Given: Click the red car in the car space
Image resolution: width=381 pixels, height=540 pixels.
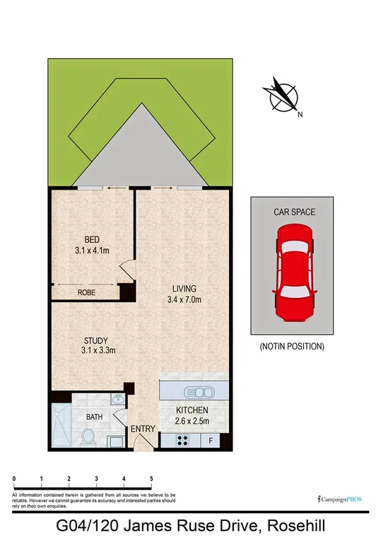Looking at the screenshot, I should click(x=293, y=264).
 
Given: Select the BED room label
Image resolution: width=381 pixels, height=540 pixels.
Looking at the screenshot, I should click(x=92, y=239).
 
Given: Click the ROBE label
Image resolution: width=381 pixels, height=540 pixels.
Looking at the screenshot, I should click(x=87, y=292).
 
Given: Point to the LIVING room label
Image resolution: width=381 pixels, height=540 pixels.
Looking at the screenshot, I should click(x=184, y=288).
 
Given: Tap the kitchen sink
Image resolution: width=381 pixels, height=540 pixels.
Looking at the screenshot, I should click(x=198, y=392).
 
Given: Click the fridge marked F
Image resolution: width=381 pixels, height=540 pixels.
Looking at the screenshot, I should click(x=211, y=441).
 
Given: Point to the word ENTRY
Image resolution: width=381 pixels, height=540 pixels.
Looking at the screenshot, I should click(x=143, y=430).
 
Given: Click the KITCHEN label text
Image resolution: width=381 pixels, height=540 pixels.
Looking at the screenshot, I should click(x=192, y=410).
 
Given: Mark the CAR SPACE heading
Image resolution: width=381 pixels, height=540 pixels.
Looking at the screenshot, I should click(x=294, y=212).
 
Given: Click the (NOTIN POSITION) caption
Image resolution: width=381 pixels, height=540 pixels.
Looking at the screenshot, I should click(x=292, y=347).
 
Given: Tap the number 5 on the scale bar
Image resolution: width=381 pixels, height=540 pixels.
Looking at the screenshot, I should click(x=151, y=479).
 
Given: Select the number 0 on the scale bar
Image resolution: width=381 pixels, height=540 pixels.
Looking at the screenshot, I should click(x=14, y=479).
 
